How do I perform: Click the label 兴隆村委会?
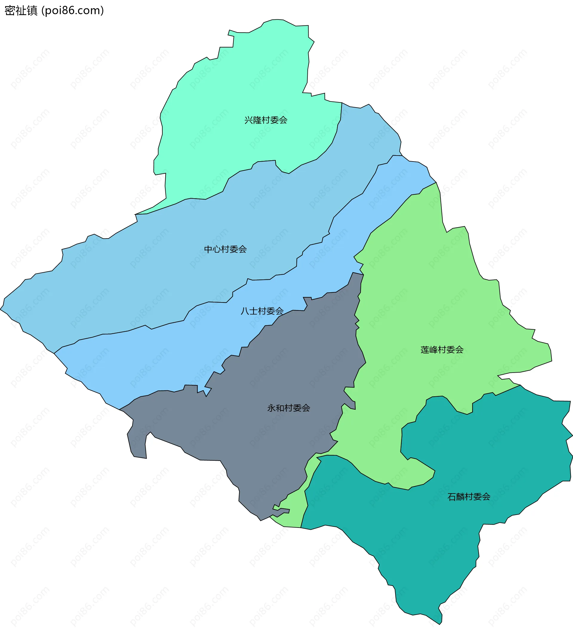coord(266,120)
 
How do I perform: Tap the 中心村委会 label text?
coord(225,249)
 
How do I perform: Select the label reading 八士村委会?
coord(262,311)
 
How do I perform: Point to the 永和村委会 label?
coord(289,408)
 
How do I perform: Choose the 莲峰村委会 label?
coord(442,350)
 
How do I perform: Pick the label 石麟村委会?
coord(469,497)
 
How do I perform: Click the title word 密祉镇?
coord(21,11)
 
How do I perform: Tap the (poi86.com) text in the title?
coord(73,11)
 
